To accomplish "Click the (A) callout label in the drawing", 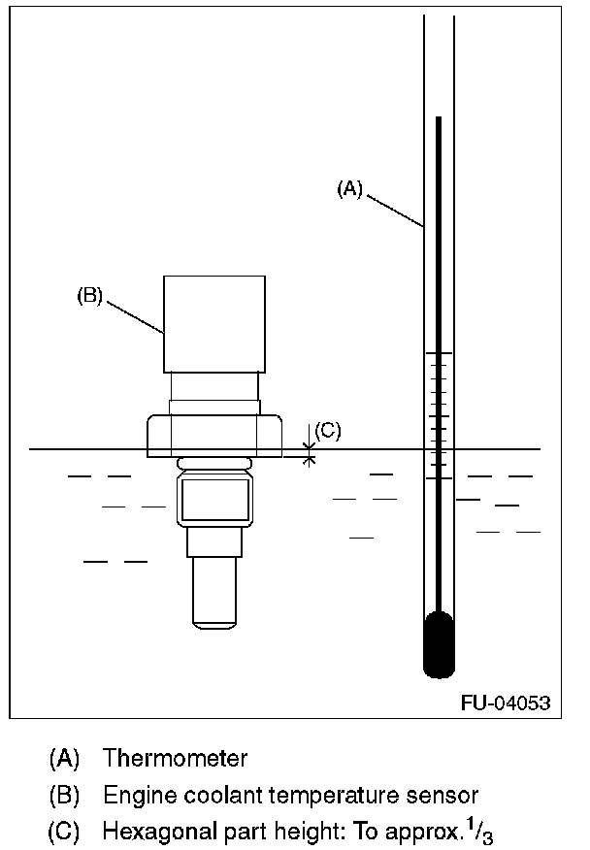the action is coord(349,189).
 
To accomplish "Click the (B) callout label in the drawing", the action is coord(89,296).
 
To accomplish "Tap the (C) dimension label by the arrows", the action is coord(328,431).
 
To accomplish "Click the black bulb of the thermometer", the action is coord(439,644).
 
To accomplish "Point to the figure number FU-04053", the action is coord(506,703).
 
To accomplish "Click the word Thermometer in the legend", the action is coord(175,758).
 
